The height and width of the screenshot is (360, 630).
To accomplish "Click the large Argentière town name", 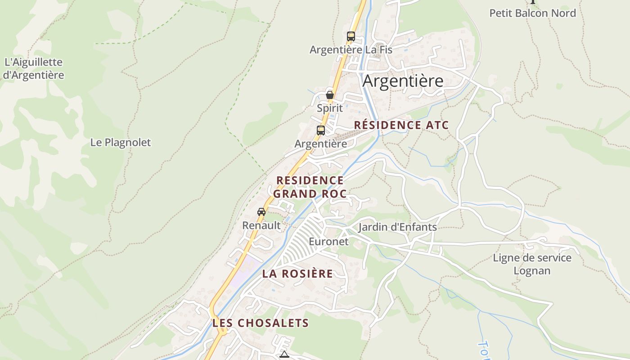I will [403, 81].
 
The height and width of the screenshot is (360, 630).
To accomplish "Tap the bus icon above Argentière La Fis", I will [351, 36].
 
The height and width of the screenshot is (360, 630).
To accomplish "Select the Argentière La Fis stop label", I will [351, 50].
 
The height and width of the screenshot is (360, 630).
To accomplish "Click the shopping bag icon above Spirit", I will [330, 95].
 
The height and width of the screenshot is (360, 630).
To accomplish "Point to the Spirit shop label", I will [330, 108].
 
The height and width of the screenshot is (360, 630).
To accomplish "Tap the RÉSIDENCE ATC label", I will [401, 125].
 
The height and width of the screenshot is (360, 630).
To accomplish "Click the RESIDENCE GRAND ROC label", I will [310, 187].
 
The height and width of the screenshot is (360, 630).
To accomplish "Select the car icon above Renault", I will [261, 212].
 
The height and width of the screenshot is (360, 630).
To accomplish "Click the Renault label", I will [261, 225].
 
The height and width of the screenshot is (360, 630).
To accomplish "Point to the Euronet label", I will [328, 242].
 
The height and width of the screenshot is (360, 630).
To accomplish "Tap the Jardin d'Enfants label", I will [397, 227].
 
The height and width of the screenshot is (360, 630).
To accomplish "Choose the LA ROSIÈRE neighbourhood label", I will [298, 274].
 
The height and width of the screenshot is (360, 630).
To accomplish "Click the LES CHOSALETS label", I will [261, 323].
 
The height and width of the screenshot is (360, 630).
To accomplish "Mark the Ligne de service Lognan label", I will [532, 264].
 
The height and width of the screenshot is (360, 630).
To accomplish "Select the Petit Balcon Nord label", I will [532, 13].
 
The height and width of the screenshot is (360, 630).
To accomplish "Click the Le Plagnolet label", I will [121, 143].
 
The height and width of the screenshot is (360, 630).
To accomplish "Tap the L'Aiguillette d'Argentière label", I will [33, 68].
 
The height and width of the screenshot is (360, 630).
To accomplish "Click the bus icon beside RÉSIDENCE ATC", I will [321, 130].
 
